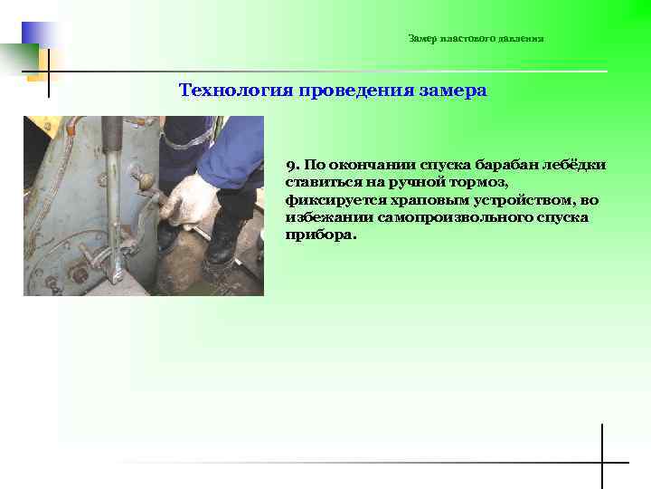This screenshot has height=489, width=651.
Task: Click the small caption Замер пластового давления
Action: [476, 39]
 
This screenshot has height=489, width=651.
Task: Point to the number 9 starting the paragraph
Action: [290, 165]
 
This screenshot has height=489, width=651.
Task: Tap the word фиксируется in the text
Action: [328, 199]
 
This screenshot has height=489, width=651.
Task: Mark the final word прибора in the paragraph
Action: [319, 235]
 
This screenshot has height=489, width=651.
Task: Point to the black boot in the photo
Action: [221, 244]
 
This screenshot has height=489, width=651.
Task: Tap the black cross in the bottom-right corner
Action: [602, 462]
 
